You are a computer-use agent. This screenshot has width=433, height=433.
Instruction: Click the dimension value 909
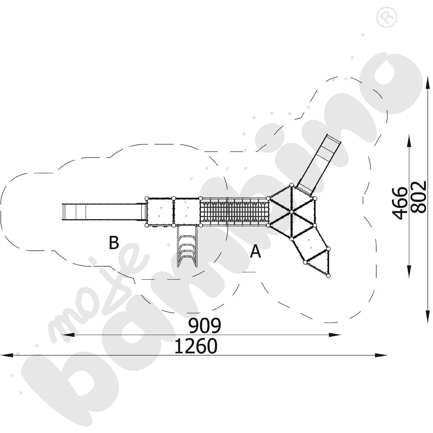pyautogui.click(x=204, y=326)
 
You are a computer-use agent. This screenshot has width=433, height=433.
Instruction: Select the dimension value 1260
pyautogui.click(x=196, y=346)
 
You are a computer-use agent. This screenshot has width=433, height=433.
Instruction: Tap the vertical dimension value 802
pyautogui.click(x=418, y=197)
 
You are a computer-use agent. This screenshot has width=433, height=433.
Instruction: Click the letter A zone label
pyautogui.click(x=255, y=251)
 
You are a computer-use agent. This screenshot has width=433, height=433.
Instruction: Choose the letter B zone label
pyautogui.click(x=113, y=243)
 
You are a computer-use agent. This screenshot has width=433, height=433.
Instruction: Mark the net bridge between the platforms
pyautogui.click(x=234, y=212)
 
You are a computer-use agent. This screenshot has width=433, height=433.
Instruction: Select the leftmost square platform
pyautogui.click(x=160, y=212)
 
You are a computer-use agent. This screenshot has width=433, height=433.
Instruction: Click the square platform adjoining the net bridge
pyautogui.click(x=187, y=212)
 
